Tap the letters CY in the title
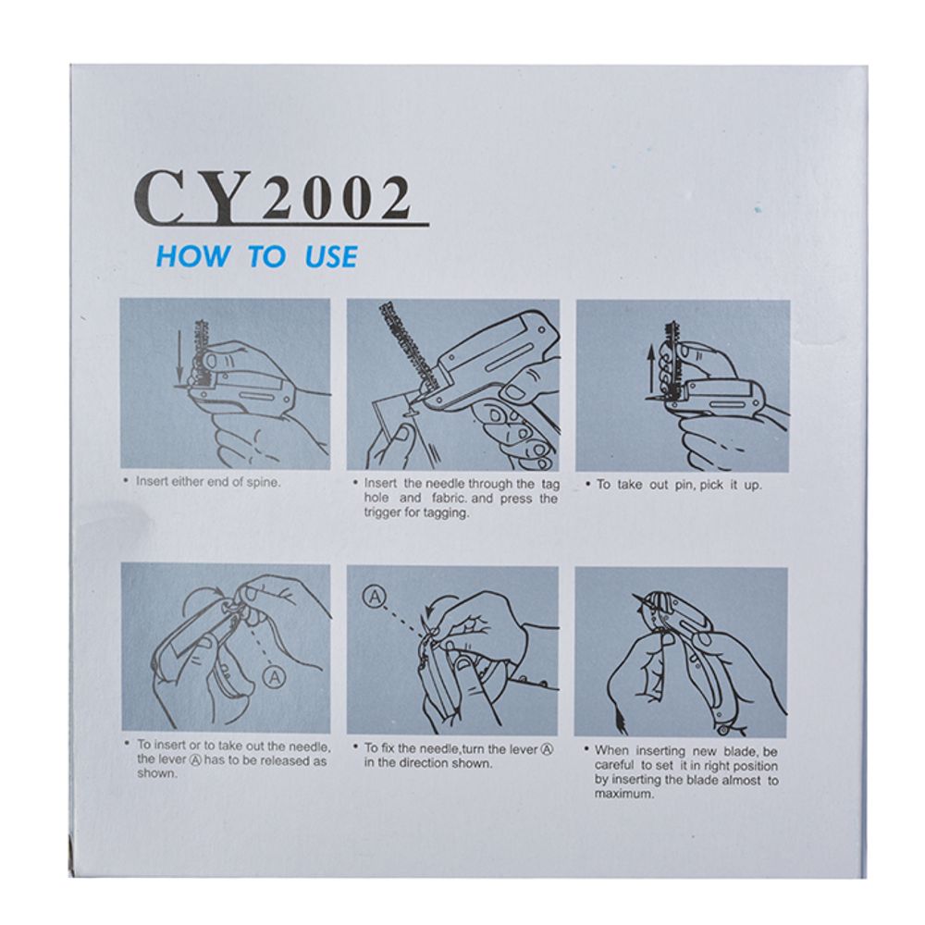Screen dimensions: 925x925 tap(193, 197)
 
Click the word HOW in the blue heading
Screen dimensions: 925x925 tap(193, 257)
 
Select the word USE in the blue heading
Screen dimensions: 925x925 tap(331, 257)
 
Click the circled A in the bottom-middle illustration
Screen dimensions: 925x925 tap(374, 597)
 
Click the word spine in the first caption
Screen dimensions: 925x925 tap(263, 483)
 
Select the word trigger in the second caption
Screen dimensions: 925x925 tap(381, 513)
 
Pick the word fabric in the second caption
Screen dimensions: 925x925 tap(450, 499)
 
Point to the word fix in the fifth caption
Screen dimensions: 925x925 tap(387, 748)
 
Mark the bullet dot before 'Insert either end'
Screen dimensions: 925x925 tap(126, 481)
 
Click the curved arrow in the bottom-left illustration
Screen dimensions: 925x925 tap(200, 597)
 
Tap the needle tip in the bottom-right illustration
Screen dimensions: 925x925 tap(633, 595)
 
